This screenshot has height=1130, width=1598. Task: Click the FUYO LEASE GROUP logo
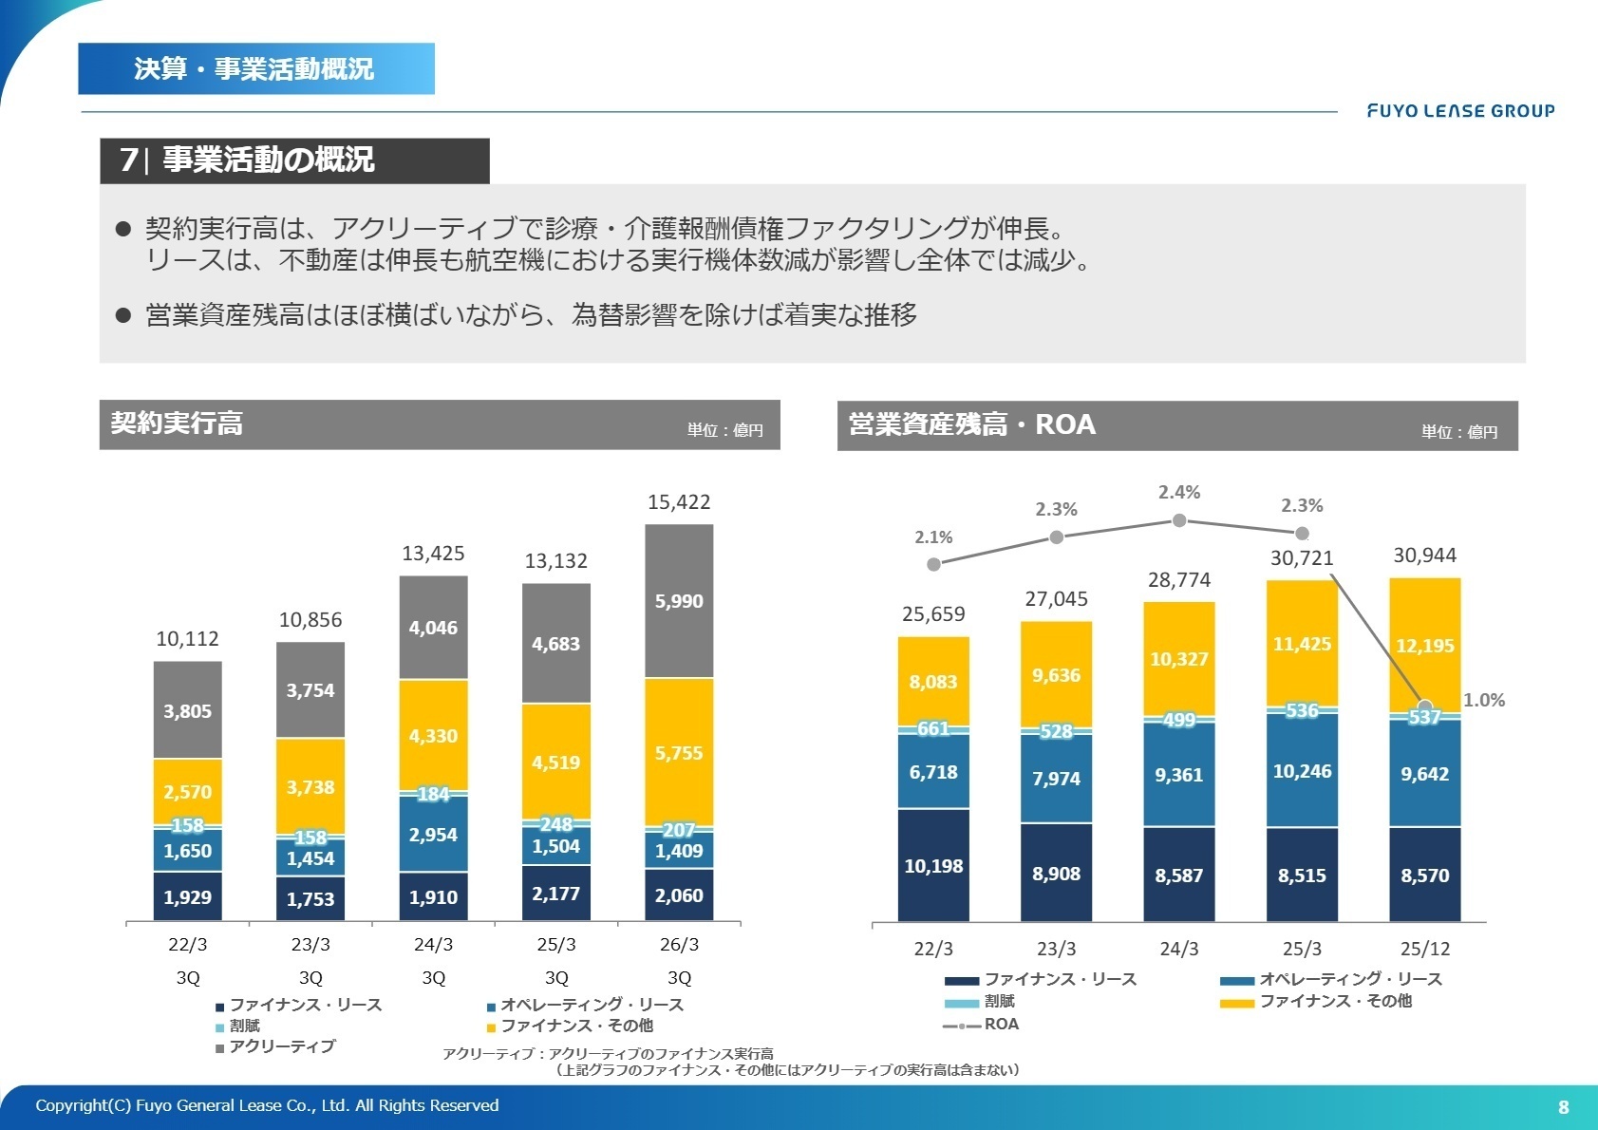click(1460, 111)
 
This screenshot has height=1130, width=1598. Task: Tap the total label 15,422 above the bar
click(679, 502)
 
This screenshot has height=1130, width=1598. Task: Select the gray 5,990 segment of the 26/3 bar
click(679, 601)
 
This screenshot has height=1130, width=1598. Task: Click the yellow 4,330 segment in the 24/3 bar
click(433, 736)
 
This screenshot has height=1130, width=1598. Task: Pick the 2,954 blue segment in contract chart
click(433, 835)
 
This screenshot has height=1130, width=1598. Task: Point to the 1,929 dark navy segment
click(188, 897)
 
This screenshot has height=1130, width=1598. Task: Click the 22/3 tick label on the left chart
click(188, 945)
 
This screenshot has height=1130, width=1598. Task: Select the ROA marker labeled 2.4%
click(1179, 520)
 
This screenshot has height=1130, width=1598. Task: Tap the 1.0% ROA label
click(1483, 701)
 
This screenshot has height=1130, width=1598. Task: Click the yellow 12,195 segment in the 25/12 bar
click(1424, 646)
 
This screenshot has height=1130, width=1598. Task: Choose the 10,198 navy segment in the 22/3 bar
click(933, 866)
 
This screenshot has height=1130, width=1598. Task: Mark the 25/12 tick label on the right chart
click(1424, 949)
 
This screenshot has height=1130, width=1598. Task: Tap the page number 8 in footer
click(1563, 1107)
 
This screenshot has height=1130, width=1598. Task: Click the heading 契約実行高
click(178, 424)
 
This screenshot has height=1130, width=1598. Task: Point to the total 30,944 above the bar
click(1424, 556)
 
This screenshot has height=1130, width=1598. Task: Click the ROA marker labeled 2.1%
click(933, 564)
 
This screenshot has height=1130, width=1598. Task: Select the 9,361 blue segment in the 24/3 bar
click(1179, 775)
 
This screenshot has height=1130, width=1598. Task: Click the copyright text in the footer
click(267, 1105)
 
